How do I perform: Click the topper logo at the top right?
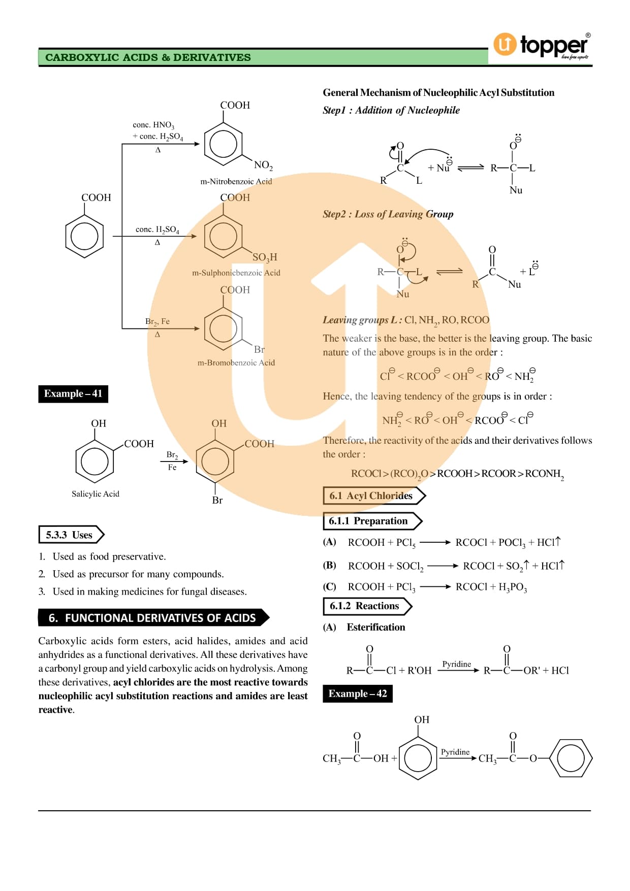tap(542, 46)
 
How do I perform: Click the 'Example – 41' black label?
tap(73, 394)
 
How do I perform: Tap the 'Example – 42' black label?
tap(358, 694)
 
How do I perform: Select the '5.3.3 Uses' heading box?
tap(71, 535)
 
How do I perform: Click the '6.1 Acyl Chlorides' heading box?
tap(374, 496)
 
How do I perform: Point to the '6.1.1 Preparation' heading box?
tap(372, 521)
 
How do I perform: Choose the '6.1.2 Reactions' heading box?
tap(367, 606)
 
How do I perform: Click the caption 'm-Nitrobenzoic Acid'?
tap(236, 182)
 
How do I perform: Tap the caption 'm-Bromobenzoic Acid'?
tap(236, 363)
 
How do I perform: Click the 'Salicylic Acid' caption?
tap(96, 494)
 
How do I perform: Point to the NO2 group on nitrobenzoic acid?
tap(263, 166)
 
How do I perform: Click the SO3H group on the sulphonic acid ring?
tap(265, 257)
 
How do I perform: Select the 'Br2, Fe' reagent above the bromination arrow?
tap(157, 322)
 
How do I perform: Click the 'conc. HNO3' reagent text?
tap(153, 125)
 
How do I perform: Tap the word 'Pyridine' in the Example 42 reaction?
tap(455, 752)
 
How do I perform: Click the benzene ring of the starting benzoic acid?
tap(84, 237)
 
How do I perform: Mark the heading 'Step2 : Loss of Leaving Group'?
tap(388, 214)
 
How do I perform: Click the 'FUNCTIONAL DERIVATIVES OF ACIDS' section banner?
tap(153, 618)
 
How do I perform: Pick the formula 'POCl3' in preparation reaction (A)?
tap(512, 543)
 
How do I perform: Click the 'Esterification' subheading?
tap(376, 628)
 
